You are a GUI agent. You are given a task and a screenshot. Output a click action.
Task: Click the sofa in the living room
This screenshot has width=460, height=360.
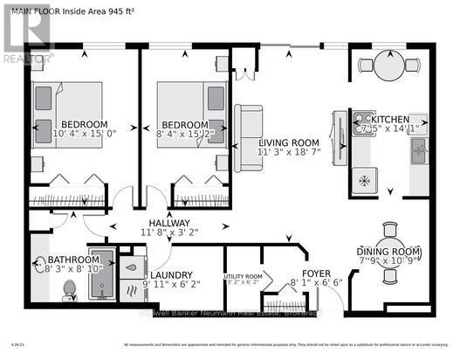249,129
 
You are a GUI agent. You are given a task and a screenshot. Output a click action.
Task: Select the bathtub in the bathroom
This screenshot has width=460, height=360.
103,273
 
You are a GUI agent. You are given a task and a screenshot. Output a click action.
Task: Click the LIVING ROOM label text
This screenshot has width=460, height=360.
288,142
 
